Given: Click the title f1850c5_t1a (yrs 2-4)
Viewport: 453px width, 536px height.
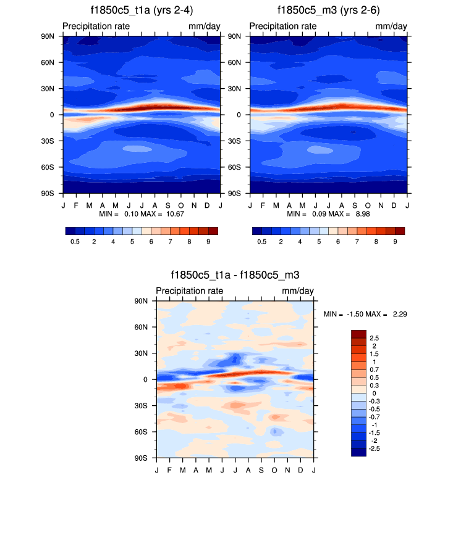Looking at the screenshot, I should [142, 10].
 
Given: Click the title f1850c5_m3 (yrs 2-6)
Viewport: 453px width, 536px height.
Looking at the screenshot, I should [329, 10].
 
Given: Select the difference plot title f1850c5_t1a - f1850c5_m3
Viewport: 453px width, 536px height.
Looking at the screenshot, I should [235, 275].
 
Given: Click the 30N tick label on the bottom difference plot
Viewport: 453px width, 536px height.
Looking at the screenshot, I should [142, 353].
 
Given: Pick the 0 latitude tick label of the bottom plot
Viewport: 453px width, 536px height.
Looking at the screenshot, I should [145, 380].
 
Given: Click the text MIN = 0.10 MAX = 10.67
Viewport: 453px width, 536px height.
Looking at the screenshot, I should [142, 213].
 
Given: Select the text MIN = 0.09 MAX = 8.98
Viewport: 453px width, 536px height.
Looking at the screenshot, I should [329, 213].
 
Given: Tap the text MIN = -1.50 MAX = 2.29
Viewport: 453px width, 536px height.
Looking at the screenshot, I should [365, 314].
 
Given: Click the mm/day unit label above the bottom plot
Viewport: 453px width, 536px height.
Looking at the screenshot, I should [298, 291].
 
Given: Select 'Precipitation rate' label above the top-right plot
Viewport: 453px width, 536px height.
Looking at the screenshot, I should [283, 26].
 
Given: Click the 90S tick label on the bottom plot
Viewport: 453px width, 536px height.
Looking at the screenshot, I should [142, 458].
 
